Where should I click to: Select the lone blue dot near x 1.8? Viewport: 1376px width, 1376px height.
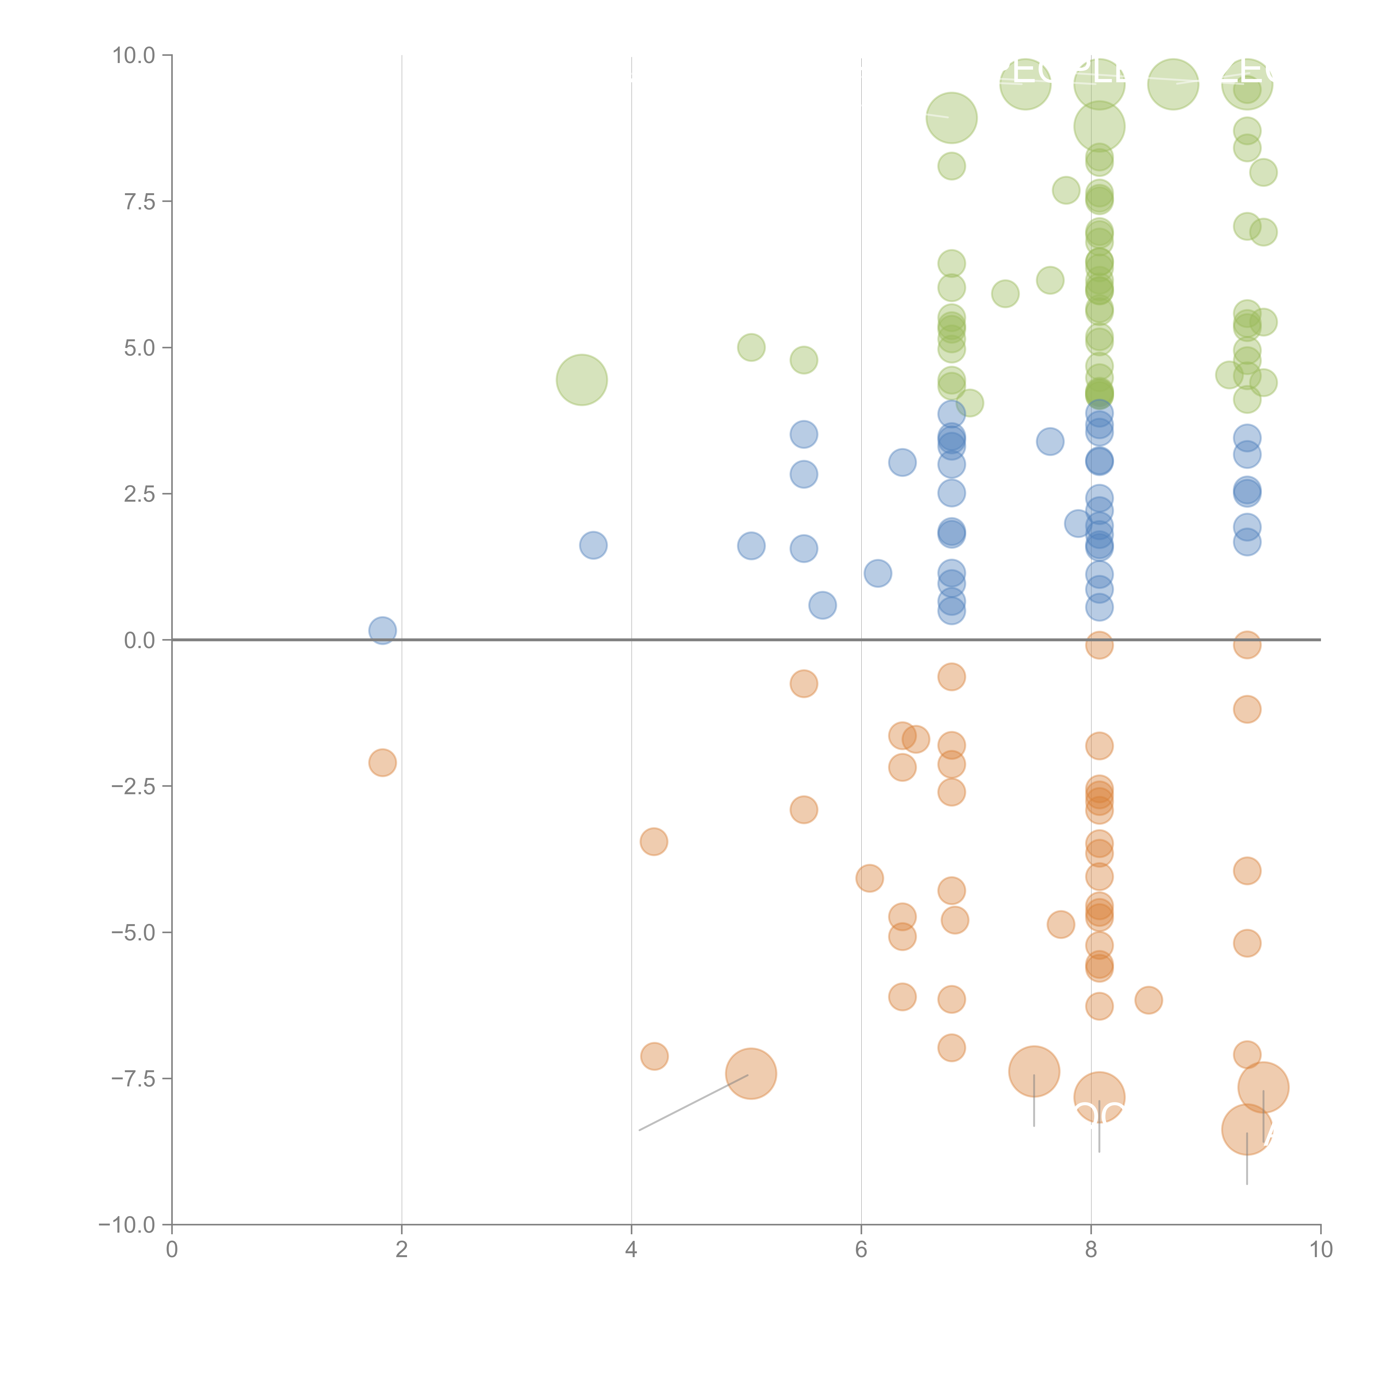click(383, 630)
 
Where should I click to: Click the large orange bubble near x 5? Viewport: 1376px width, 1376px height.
click(751, 1073)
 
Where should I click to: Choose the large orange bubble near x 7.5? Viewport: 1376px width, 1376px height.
click(1034, 1071)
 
